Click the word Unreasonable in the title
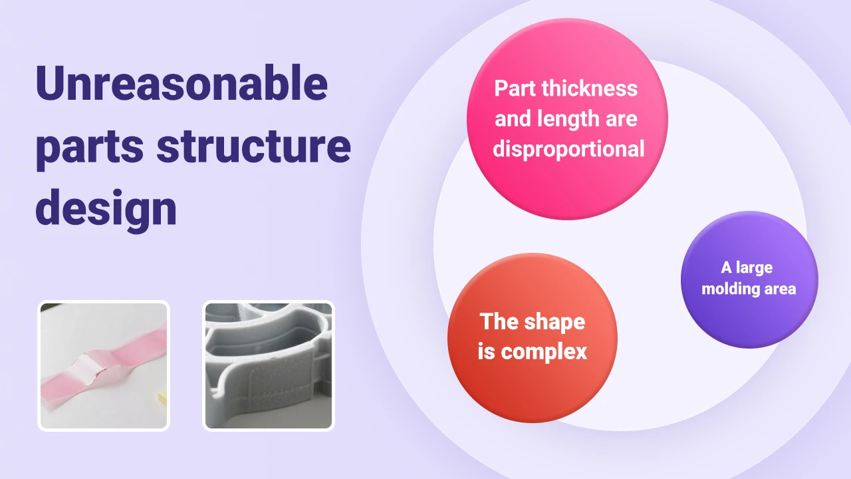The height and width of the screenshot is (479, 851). (181, 84)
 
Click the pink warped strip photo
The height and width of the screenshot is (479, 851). (104, 365)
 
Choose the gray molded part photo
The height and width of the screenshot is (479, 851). (268, 365)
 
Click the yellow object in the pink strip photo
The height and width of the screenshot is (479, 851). (162, 397)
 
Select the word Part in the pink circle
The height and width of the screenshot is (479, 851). (515, 88)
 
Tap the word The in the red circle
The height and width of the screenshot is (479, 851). (498, 322)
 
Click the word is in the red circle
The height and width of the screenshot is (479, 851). (486, 351)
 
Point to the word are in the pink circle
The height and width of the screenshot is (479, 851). (621, 118)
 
